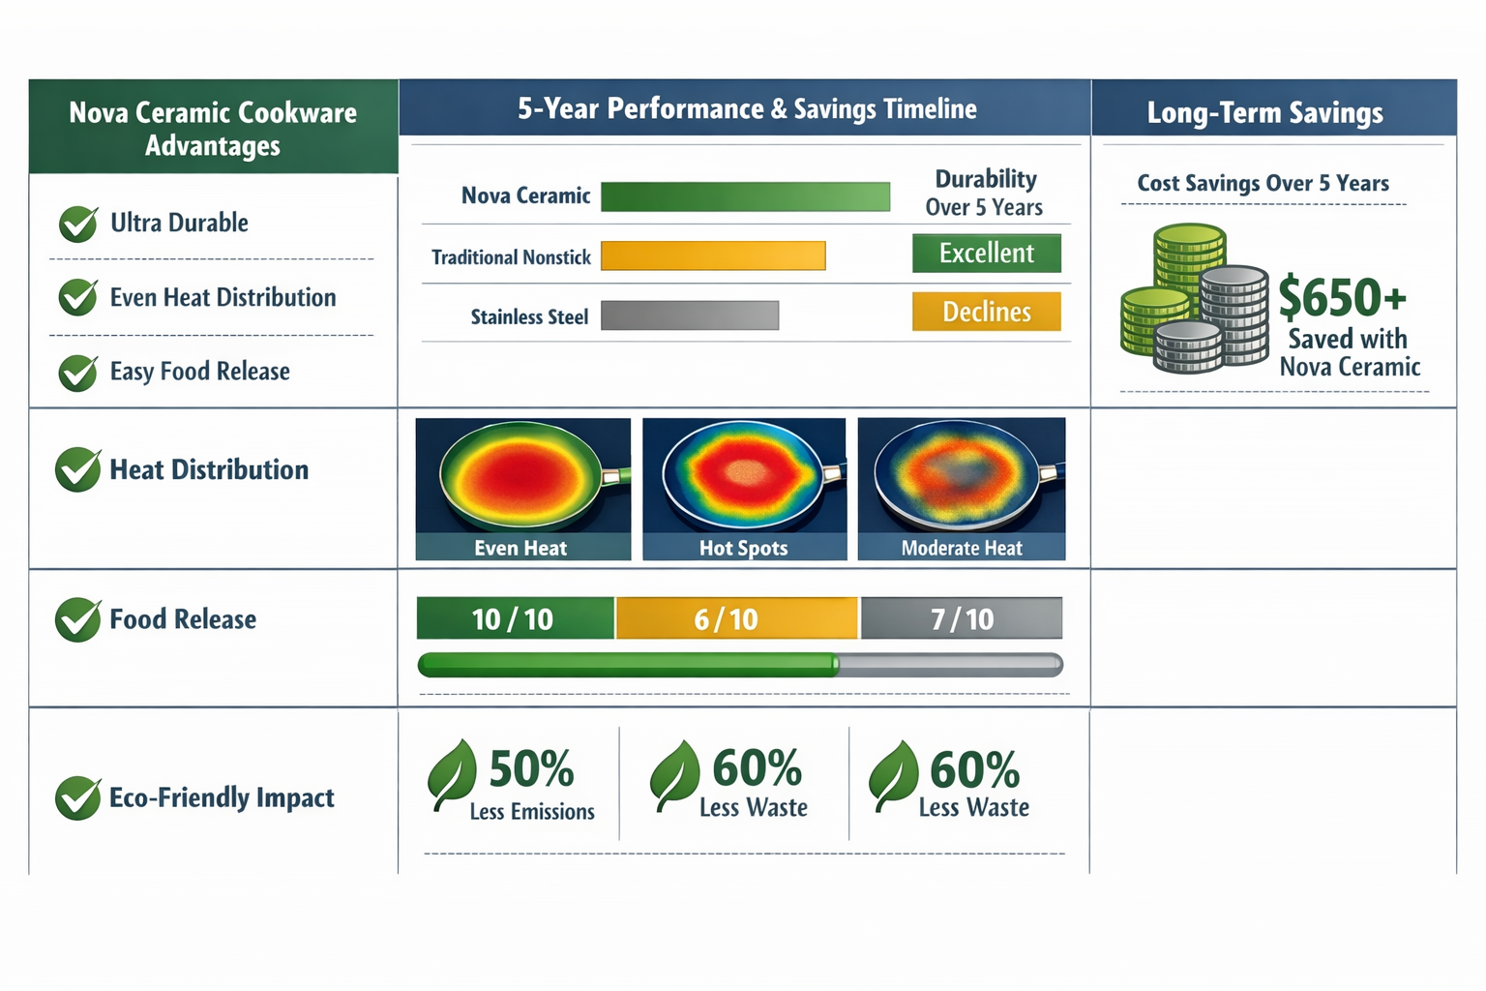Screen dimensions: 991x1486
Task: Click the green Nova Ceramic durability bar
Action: (x=745, y=196)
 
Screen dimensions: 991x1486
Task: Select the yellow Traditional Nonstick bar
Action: (x=713, y=255)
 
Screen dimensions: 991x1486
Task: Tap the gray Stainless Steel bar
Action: (x=690, y=315)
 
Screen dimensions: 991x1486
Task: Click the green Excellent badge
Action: (x=987, y=254)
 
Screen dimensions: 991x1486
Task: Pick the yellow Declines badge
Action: (x=987, y=312)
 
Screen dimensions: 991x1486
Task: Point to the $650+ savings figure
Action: (x=1342, y=297)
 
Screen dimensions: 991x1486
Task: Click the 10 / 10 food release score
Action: (x=515, y=619)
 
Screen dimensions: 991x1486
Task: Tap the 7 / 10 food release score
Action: (x=962, y=619)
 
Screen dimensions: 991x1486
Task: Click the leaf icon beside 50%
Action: (x=452, y=774)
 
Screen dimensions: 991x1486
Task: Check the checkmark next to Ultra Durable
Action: (x=78, y=224)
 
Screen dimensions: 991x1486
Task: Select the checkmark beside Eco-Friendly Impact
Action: (x=78, y=798)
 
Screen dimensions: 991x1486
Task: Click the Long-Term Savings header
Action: (x=1264, y=112)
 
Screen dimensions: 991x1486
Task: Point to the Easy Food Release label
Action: (x=199, y=372)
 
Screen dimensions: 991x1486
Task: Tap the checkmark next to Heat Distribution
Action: (x=78, y=470)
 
